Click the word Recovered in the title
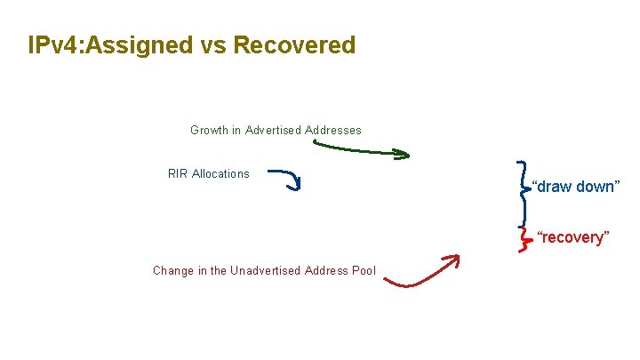point(294,45)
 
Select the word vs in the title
point(214,45)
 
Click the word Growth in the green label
point(209,131)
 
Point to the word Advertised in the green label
point(273,131)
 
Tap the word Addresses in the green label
point(333,131)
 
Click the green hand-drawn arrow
point(356,152)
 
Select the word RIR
point(178,174)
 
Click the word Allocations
point(221,174)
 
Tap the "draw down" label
point(574,187)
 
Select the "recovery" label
point(573,237)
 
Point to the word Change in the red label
point(172,270)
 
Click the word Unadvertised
point(265,270)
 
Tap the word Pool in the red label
point(364,270)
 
